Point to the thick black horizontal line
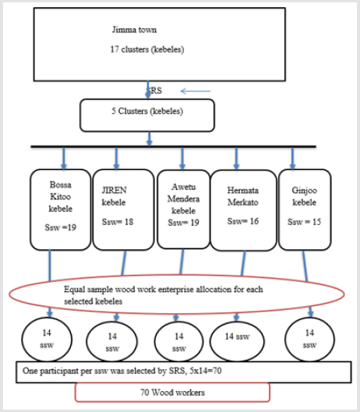[173, 146]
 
